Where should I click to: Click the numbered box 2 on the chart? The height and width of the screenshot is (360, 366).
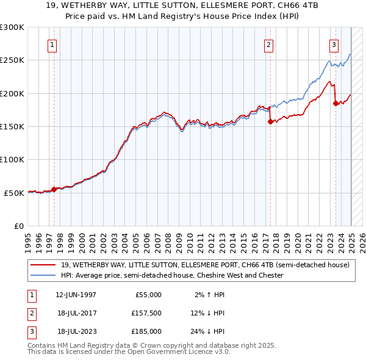point(269,44)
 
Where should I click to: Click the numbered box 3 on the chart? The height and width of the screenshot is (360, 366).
point(334,44)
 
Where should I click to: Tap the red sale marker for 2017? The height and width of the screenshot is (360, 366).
point(270,121)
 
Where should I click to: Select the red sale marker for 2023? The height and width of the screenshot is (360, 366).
point(335,103)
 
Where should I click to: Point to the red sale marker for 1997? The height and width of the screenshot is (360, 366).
point(54,189)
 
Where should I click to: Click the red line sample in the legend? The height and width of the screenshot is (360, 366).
point(43,265)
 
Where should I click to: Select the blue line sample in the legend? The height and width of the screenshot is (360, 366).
point(43,276)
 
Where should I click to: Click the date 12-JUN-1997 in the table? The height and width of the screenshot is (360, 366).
point(76,294)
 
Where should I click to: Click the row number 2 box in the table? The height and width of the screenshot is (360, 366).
point(31,313)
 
